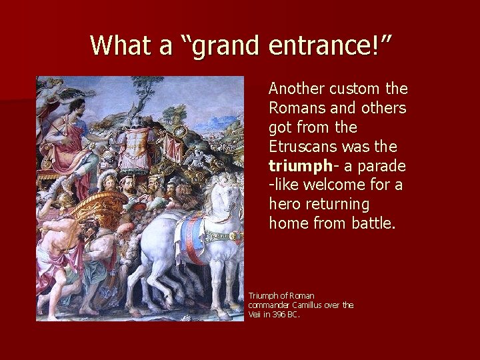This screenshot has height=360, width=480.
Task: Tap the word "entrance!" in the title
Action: (329, 45)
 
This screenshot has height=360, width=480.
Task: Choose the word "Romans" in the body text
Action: (298, 108)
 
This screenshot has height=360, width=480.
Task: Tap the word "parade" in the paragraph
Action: (383, 165)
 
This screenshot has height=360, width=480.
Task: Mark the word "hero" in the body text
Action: (285, 203)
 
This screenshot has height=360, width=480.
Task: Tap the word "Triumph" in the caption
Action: (262, 295)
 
